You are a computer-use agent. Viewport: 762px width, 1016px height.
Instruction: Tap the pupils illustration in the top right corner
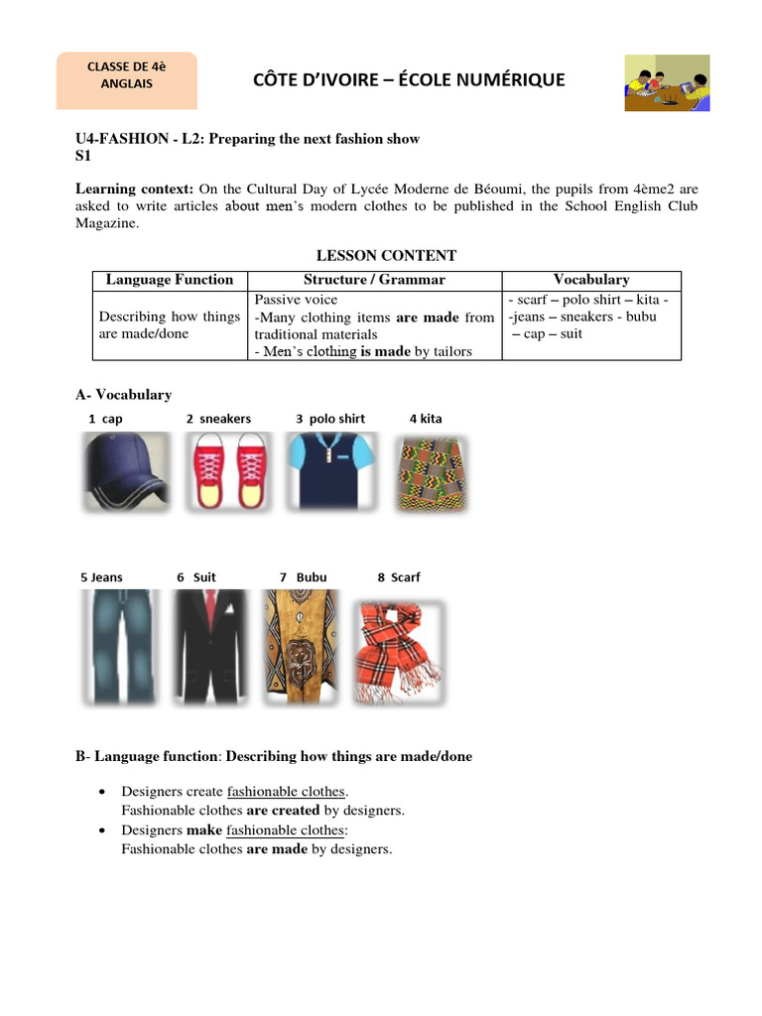click(x=666, y=83)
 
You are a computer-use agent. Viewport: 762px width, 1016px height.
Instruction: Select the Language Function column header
click(x=170, y=280)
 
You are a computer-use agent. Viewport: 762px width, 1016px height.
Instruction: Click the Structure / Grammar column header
click(x=374, y=280)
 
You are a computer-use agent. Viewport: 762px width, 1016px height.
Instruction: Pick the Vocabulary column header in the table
click(x=591, y=280)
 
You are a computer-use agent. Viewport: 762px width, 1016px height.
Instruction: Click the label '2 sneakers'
click(x=218, y=419)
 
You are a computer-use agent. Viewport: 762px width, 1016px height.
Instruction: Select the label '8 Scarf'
click(x=399, y=577)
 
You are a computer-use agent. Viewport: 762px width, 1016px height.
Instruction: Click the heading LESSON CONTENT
click(x=386, y=256)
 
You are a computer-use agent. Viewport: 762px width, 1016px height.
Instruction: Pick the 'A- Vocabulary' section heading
click(x=124, y=395)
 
